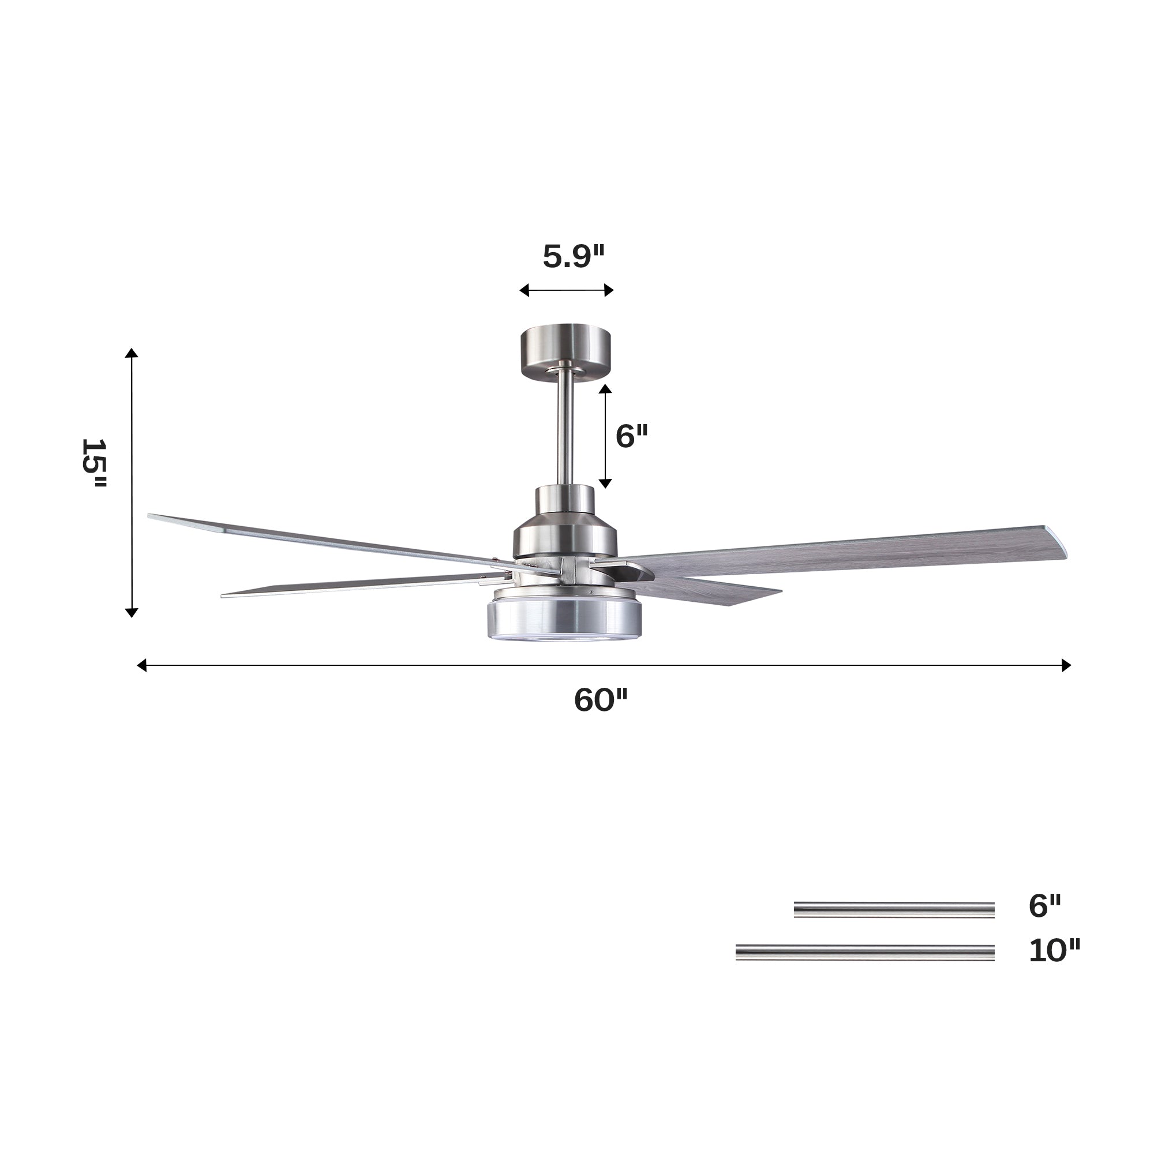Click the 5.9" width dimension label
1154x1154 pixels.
[x=573, y=257]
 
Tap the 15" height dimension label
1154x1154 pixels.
[x=94, y=463]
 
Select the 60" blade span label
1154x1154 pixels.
[x=600, y=700]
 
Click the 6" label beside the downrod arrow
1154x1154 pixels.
[x=631, y=436]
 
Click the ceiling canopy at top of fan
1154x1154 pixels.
[x=565, y=352]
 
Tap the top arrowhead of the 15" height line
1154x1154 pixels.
[x=132, y=353]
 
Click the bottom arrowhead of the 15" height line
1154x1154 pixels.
[x=132, y=612]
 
